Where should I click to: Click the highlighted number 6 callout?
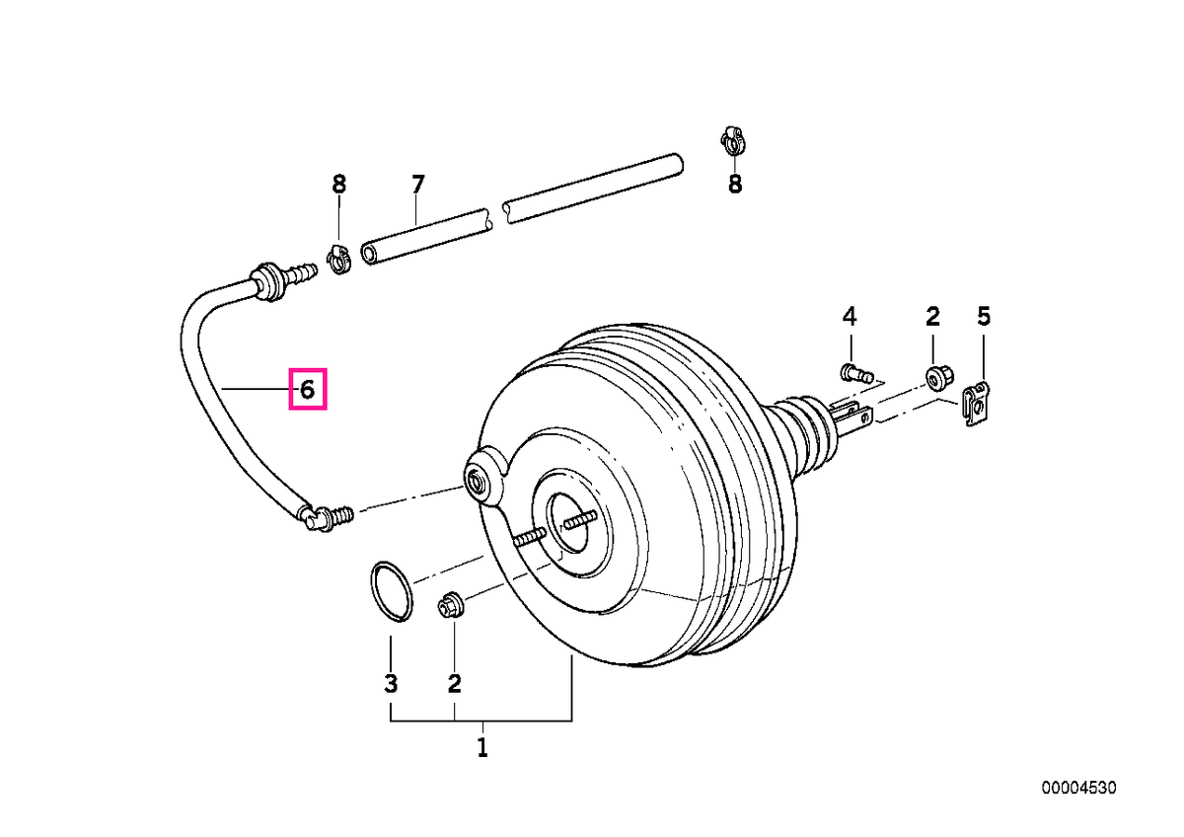coord(307,390)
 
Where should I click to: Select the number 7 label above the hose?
coord(417,185)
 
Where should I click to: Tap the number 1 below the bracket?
coord(482,747)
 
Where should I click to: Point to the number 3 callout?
coord(391,683)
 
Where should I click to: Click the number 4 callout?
coord(849,316)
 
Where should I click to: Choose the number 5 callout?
coord(983,316)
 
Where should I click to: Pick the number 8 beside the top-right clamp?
coord(735,184)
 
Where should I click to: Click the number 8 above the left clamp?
coord(338,184)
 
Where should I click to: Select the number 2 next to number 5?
coord(932,316)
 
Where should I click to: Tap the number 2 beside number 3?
coord(454,683)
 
